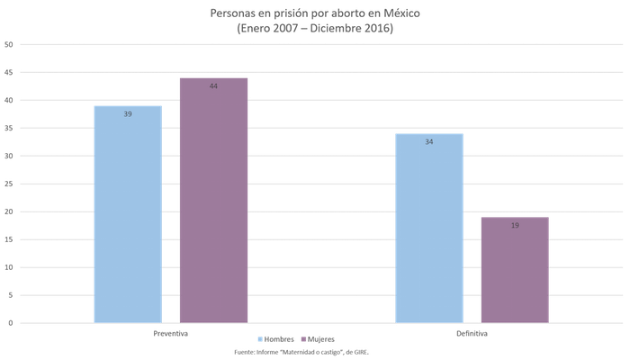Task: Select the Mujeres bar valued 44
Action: [213, 199]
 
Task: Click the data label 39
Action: [128, 114]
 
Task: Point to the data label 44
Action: [213, 86]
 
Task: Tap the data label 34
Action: [428, 142]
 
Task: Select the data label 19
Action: [514, 225]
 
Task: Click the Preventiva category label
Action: [170, 332]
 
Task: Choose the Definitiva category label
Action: [472, 332]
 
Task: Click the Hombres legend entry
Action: [276, 340]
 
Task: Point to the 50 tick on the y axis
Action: [8, 44]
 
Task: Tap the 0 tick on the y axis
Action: [8, 322]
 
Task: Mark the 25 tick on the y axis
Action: [8, 184]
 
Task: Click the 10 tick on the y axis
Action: [8, 266]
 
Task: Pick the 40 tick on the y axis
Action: [8, 100]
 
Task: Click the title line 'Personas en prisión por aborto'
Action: [314, 14]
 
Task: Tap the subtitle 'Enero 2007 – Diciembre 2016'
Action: [314, 29]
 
